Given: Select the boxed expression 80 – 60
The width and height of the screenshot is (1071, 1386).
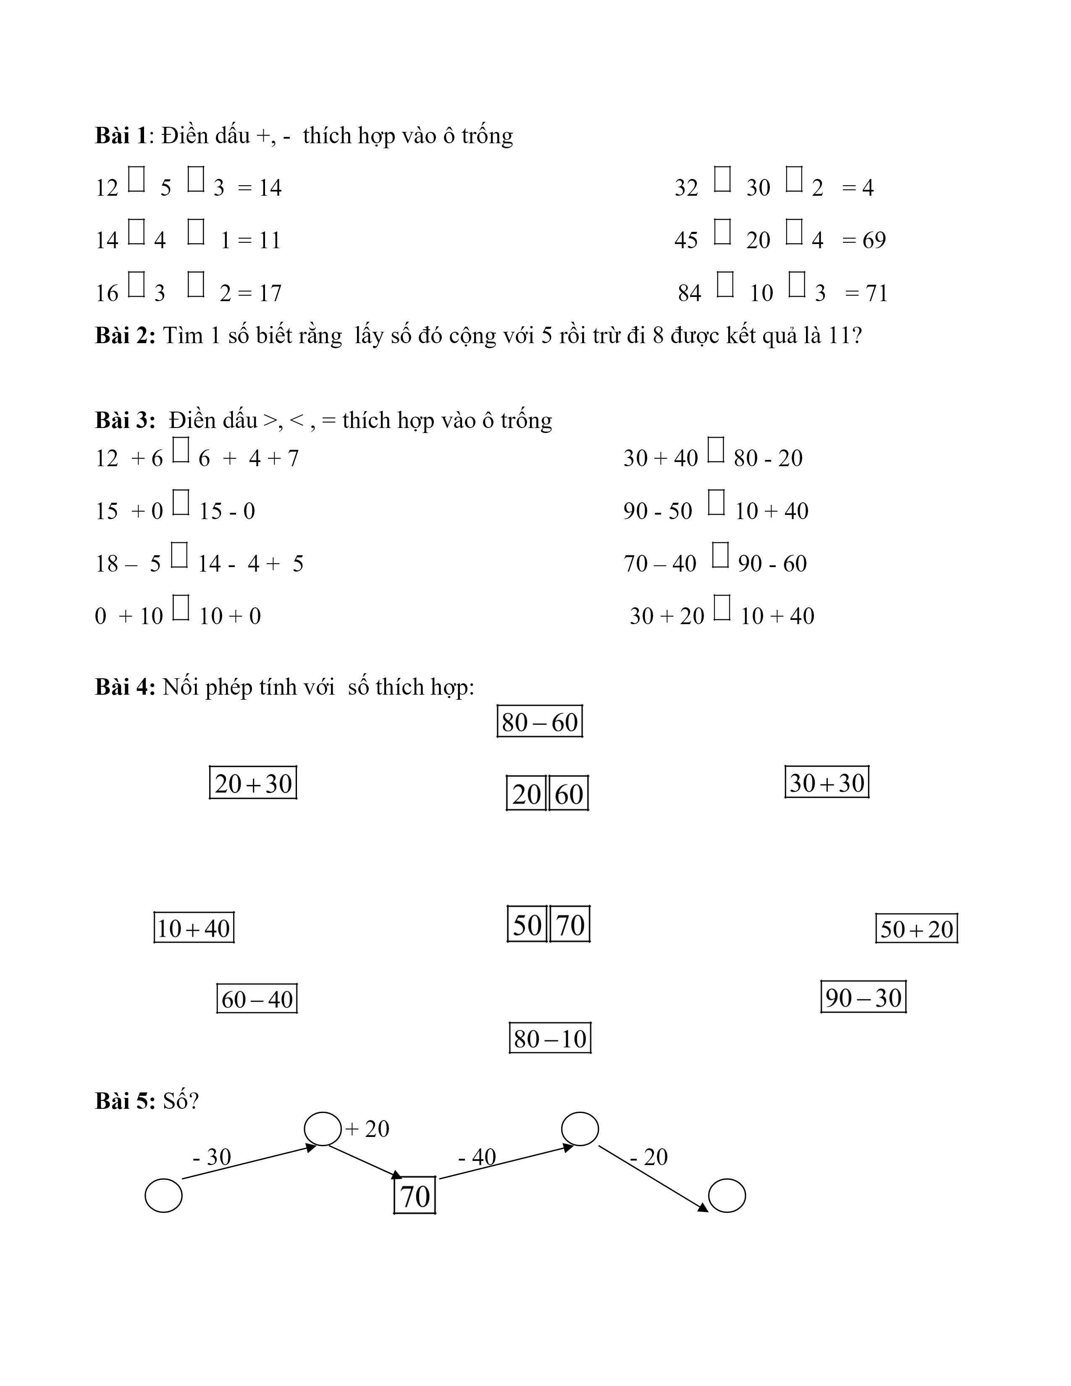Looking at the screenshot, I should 539,722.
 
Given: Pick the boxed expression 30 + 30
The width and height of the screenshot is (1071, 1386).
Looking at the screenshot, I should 827,782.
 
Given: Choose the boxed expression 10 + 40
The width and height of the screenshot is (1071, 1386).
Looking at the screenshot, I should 194,929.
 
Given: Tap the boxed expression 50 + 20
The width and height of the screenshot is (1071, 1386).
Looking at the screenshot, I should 916,929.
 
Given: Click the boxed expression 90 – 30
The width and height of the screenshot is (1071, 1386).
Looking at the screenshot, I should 863,997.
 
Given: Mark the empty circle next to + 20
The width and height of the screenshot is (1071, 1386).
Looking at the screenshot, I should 323,1129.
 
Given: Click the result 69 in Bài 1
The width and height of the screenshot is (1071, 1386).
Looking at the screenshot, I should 874,240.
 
